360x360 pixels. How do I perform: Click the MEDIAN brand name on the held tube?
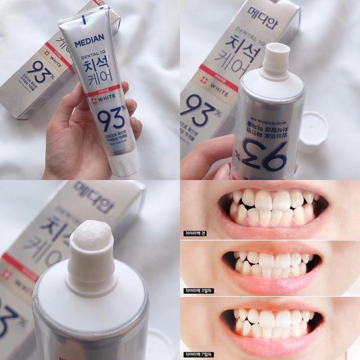(x=89, y=42)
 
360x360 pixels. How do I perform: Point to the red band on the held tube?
(x=102, y=90)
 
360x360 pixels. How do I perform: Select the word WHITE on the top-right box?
(x=220, y=90)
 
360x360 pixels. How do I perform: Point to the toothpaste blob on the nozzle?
(x=92, y=235)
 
